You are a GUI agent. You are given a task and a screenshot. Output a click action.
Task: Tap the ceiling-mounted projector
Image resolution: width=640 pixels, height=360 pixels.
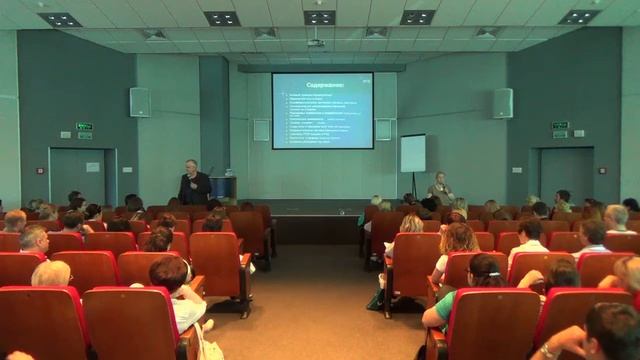point(316,43)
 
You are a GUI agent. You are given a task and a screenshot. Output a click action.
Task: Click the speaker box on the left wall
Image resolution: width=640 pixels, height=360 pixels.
point(140,102)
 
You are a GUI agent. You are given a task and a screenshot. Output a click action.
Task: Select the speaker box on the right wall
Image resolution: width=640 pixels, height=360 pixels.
point(502,103)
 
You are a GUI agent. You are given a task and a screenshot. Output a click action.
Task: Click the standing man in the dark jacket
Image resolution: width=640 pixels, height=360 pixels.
point(194,184)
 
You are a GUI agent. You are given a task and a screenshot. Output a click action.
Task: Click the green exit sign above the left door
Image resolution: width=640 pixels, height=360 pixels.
point(84,127)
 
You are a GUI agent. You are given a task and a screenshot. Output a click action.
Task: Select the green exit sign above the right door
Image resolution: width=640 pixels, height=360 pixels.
point(560,126)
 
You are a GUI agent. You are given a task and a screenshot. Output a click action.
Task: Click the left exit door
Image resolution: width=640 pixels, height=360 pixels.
point(79,175)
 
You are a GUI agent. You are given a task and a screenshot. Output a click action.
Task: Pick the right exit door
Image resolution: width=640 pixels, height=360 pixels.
point(566,175)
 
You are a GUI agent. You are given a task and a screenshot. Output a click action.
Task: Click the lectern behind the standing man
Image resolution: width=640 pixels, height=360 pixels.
point(222,187)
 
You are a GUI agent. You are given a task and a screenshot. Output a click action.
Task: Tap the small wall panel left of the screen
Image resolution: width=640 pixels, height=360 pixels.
point(261,129)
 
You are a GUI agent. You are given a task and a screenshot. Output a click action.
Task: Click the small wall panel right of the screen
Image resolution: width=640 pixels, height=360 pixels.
point(384,129)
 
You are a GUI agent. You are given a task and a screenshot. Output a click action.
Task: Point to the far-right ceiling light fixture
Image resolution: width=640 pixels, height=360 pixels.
point(578,17)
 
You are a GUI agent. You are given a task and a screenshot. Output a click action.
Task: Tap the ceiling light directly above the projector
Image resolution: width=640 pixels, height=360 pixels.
point(320,17)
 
